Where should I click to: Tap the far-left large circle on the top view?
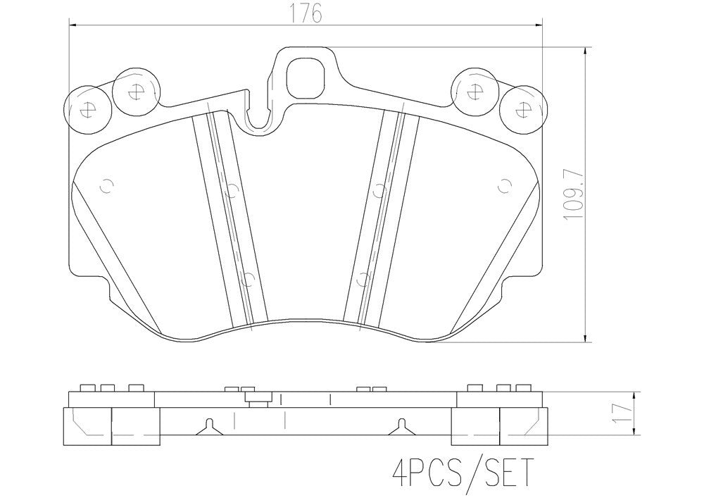(88, 109)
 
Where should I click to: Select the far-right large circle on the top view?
(522, 109)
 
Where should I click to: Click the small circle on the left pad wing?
(107, 187)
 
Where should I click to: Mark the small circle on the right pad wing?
(503, 187)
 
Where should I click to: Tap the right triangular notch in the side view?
(401, 425)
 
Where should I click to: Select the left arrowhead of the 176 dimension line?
(73, 25)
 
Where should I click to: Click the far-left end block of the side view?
(88, 426)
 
